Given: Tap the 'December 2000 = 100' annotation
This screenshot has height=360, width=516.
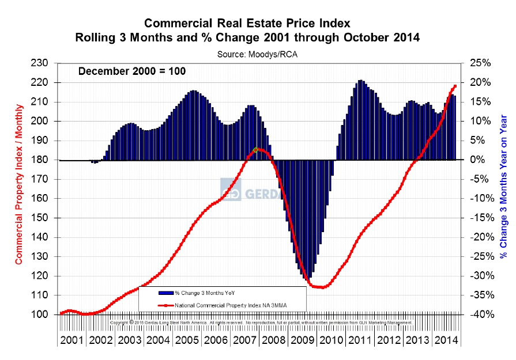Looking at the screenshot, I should point(131,71).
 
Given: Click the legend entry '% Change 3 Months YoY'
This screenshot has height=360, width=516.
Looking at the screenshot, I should point(198,293).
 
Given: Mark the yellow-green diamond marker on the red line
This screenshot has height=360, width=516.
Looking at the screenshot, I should point(256,150).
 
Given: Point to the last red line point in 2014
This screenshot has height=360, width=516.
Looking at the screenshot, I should point(455,86).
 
